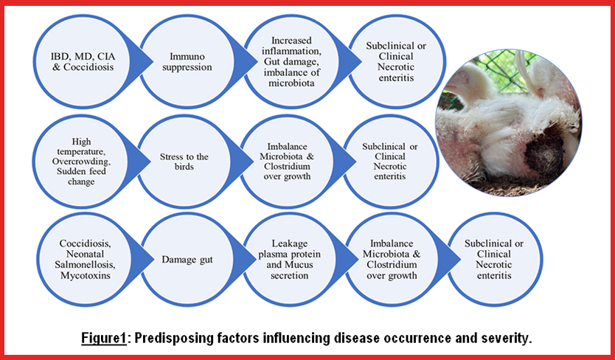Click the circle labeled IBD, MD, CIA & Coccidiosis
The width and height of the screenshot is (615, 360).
pyautogui.click(x=83, y=62)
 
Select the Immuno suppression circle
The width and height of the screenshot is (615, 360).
pyautogui.click(x=187, y=62)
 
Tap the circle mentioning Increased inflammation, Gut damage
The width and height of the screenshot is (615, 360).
pyautogui.click(x=291, y=62)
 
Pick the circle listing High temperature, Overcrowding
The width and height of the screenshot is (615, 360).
pyautogui.click(x=81, y=162)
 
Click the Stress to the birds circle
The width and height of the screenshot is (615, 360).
pyautogui.click(x=184, y=162)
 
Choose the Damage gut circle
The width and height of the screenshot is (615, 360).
pyautogui.click(x=187, y=260)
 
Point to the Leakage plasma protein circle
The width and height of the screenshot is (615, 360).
pyautogui.click(x=290, y=260)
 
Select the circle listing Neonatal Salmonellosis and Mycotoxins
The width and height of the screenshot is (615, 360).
pyautogui.click(x=85, y=260)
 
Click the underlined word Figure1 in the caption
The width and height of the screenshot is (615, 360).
pyautogui.click(x=103, y=338)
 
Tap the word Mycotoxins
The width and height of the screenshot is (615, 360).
pyautogui.click(x=85, y=275)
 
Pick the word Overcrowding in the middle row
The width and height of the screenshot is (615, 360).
pyautogui.click(x=81, y=162)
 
